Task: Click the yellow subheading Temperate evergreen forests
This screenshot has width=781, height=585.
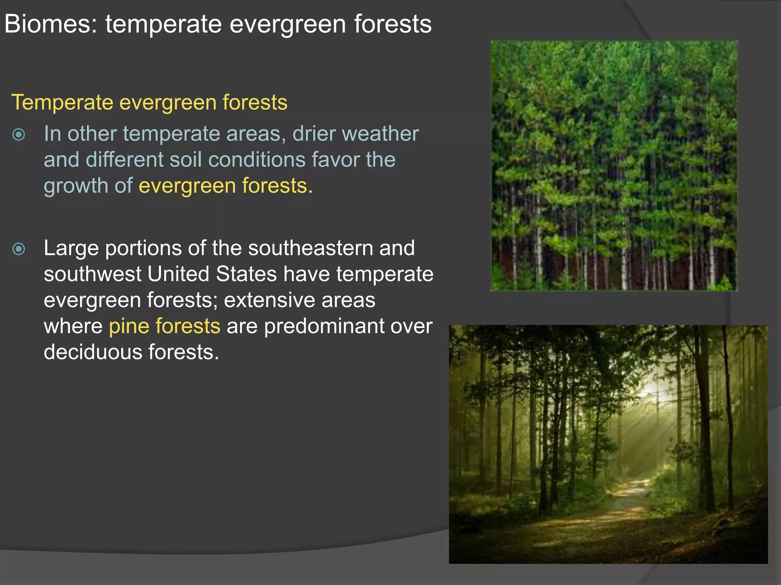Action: [149, 102]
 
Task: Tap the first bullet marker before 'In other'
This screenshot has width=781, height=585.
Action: [19, 134]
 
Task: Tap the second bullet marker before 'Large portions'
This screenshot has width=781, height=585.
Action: [19, 249]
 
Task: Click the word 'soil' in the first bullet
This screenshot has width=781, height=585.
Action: [185, 160]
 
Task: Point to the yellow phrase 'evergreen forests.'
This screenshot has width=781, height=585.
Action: [225, 186]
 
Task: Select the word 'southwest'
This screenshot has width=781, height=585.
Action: [92, 274]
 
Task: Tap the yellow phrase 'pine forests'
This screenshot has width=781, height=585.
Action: [164, 326]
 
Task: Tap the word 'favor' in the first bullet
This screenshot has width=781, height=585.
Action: [335, 160]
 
